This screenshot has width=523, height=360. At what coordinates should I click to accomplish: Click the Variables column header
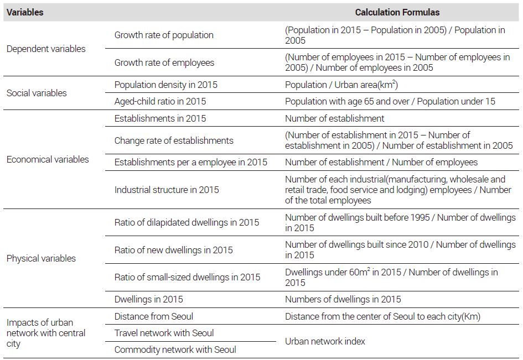pyautogui.click(x=25, y=12)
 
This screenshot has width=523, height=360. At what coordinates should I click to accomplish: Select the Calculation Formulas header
pyautogui.click(x=397, y=12)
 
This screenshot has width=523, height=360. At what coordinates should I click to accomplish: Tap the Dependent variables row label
pyautogui.click(x=46, y=49)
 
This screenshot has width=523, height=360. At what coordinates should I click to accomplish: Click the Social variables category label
pyautogui.click(x=37, y=93)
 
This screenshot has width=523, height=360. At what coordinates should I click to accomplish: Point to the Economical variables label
pyautogui.click(x=48, y=159)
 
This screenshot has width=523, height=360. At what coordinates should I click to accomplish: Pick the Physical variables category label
pyautogui.click(x=41, y=258)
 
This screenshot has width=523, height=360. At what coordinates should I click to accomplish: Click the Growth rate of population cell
pyautogui.click(x=164, y=35)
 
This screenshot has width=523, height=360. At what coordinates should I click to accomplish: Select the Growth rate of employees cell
pyautogui.click(x=164, y=62)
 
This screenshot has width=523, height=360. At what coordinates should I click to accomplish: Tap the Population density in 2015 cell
pyautogui.click(x=166, y=85)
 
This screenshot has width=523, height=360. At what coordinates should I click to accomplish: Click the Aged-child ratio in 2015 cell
pyautogui.click(x=160, y=101)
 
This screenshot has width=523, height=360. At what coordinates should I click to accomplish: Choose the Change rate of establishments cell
pyautogui.click(x=174, y=140)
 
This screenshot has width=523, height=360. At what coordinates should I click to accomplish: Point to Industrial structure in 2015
pyautogui.click(x=167, y=190)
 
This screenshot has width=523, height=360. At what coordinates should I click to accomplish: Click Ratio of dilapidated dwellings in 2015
pyautogui.click(x=187, y=222)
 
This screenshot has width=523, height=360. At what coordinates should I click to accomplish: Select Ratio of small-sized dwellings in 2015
pyautogui.click(x=187, y=277)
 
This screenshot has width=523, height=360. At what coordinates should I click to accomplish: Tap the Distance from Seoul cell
pyautogui.click(x=154, y=316)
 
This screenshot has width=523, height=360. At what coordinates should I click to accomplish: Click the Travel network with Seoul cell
pyautogui.click(x=164, y=333)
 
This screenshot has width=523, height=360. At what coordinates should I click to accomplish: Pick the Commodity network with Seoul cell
pyautogui.click(x=175, y=349)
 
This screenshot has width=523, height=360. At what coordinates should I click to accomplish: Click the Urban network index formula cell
pyautogui.click(x=325, y=341)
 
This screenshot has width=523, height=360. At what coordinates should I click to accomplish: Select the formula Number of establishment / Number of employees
pyautogui.click(x=381, y=163)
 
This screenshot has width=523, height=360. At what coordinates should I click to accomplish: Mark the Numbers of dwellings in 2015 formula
pyautogui.click(x=343, y=299)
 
